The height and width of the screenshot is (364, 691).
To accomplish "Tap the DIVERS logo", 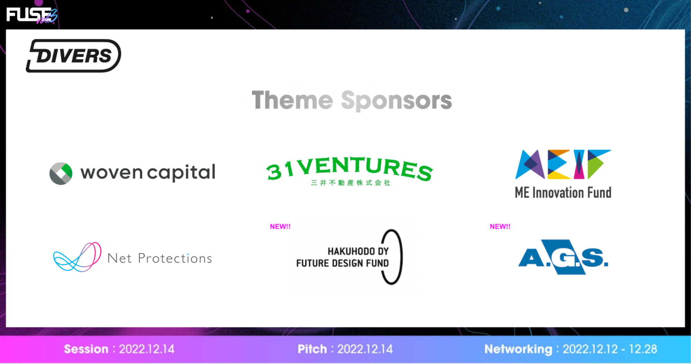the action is tap(73, 56).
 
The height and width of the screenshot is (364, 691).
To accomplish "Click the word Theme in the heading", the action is tap(292, 100).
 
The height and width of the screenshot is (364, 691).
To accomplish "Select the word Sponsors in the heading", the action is tap(396, 101).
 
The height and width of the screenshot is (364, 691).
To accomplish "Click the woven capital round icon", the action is tap(61, 173).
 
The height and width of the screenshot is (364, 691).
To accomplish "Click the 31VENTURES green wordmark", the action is tap(349, 168).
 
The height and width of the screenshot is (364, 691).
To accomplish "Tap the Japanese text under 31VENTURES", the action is tap(351, 183).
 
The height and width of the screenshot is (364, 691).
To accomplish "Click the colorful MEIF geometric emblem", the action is tap(563, 164).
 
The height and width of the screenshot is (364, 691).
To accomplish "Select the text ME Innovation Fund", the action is tap(563, 193).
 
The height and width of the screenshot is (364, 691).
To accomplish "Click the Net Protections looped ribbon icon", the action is tap(77, 257).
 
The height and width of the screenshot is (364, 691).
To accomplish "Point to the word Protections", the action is tap(175, 258).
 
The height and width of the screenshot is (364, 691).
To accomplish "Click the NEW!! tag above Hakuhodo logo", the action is tap(280, 227).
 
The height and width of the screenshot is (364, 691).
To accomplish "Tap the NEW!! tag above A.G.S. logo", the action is tap(500, 227).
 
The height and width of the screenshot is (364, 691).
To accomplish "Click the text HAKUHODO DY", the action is tap(358, 251).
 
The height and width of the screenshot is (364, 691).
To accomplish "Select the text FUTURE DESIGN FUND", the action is tap(343, 263).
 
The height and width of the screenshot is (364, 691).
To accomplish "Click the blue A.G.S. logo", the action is tap(563, 257).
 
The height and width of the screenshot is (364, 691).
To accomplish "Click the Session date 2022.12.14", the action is tap(147, 349).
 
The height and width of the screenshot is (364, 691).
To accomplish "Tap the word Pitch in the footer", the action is tap(312, 349).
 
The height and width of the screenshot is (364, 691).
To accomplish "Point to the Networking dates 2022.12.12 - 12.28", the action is tap(610, 349).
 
